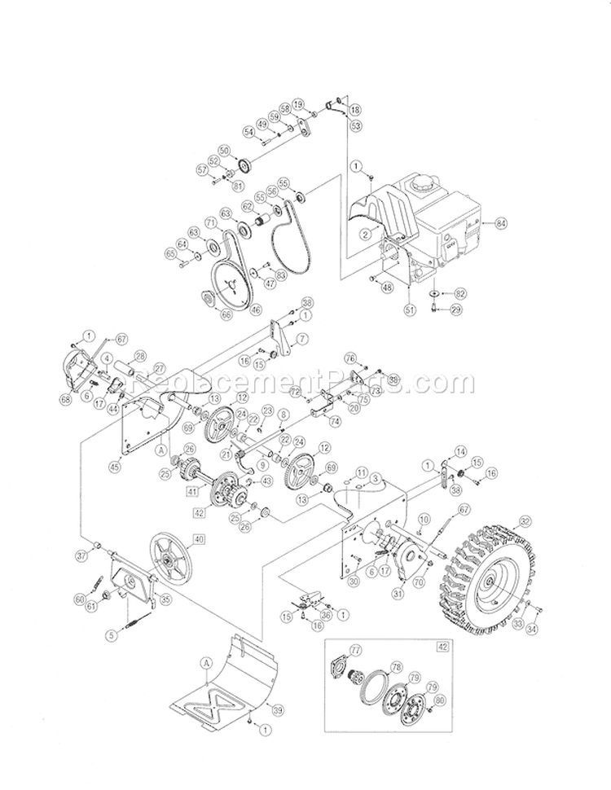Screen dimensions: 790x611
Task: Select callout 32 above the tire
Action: [x=525, y=521]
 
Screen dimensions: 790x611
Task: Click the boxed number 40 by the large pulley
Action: [x=196, y=538]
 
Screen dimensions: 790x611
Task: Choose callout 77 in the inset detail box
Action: [x=355, y=649]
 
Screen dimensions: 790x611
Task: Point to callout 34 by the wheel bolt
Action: [x=533, y=628]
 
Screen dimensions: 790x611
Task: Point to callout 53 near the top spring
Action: [x=355, y=125]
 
